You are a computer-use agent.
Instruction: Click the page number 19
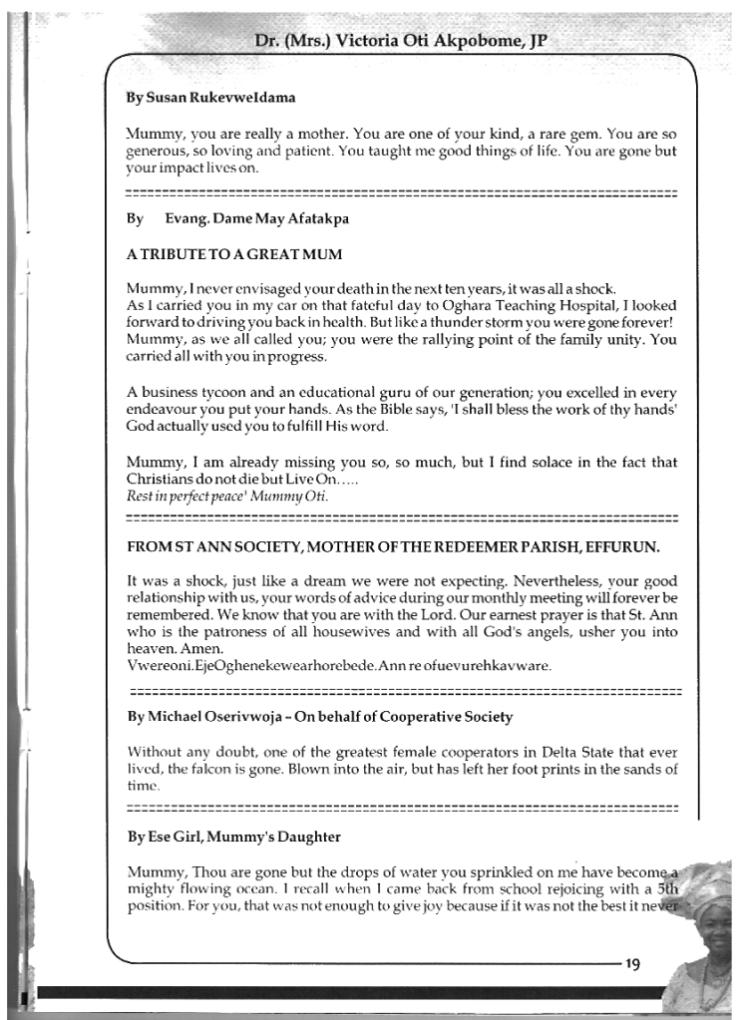[635, 963]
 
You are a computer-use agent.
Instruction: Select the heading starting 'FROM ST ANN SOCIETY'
[395, 547]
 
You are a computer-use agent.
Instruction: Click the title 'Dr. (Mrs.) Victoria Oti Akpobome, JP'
[402, 41]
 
